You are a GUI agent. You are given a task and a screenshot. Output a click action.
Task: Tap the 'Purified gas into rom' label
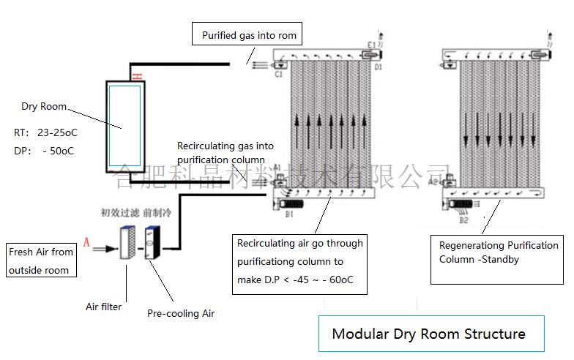(x=249, y=34)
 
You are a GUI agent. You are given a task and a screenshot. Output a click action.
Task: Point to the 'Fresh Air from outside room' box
(x=41, y=260)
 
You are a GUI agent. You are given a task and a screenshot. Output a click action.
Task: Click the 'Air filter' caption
(x=104, y=307)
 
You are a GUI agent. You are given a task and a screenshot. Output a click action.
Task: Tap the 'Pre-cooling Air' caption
(x=181, y=314)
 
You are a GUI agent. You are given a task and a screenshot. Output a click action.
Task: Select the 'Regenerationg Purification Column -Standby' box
(x=498, y=252)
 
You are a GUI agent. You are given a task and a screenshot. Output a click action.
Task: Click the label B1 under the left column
(x=289, y=214)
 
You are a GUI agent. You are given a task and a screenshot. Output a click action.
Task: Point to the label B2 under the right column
(x=463, y=219)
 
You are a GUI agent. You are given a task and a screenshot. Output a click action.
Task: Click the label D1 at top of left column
(x=378, y=67)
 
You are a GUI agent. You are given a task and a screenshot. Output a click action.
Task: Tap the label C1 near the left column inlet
(x=279, y=73)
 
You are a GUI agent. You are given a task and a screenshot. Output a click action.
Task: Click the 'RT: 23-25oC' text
(x=45, y=134)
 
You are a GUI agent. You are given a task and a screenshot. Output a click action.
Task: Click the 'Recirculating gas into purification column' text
(x=225, y=153)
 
